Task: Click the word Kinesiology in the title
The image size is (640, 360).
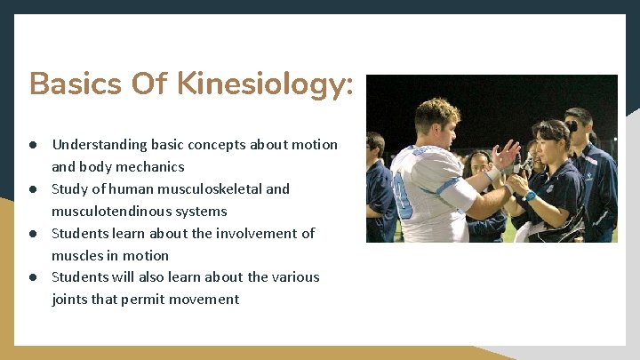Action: pyautogui.click(x=265, y=85)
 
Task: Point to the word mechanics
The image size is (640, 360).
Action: pyautogui.click(x=154, y=166)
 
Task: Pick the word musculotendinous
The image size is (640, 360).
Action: pyautogui.click(x=107, y=211)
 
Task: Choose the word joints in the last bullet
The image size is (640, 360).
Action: pyautogui.click(x=69, y=299)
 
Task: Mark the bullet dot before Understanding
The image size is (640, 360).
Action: pyautogui.click(x=31, y=145)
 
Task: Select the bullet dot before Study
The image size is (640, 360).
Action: pyautogui.click(x=31, y=189)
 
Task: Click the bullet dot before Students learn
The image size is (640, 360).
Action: pyautogui.click(x=31, y=234)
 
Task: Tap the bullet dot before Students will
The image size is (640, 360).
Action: pyautogui.click(x=31, y=277)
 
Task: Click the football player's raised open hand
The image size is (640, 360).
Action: pyautogui.click(x=506, y=155)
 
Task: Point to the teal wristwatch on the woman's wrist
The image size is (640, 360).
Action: pyautogui.click(x=530, y=196)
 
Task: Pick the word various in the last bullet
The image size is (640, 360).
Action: pyautogui.click(x=298, y=276)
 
